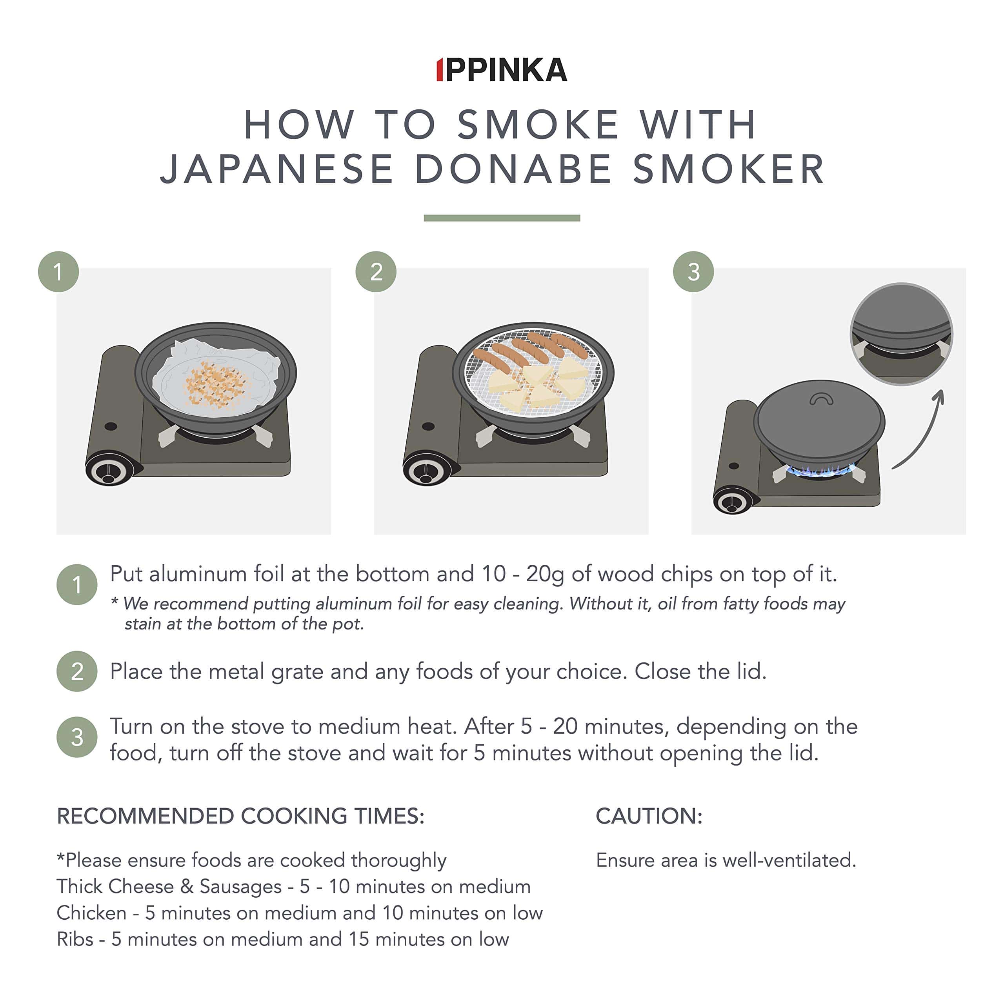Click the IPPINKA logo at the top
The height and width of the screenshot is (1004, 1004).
click(x=502, y=70)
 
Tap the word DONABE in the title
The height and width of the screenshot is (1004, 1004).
click(x=513, y=169)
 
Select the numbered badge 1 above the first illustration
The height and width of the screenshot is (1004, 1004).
click(x=58, y=271)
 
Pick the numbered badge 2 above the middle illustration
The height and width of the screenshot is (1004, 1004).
click(x=376, y=271)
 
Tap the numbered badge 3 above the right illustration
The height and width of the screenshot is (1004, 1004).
click(x=693, y=271)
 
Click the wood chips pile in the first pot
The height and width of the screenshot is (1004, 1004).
click(x=216, y=384)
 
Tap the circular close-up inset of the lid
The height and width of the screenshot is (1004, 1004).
click(x=902, y=334)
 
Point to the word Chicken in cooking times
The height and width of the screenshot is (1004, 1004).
click(x=91, y=913)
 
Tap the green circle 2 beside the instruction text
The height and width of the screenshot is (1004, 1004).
click(x=77, y=671)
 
